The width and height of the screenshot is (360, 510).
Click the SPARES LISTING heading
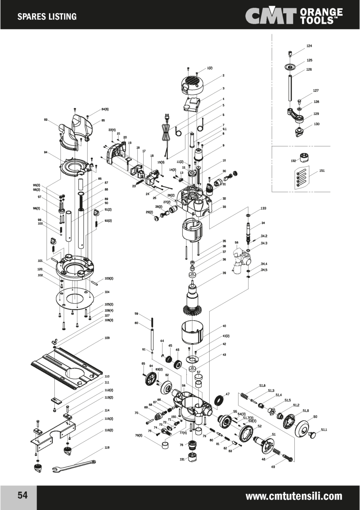[x=47, y=16]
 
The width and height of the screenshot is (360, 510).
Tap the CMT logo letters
[x=270, y=16]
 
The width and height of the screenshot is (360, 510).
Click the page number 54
[x=22, y=495]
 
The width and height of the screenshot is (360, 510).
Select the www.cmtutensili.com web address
[x=294, y=496]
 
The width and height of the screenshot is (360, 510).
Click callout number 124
[x=309, y=46]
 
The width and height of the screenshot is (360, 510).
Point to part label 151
[x=322, y=171]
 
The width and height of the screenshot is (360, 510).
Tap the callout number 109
[x=107, y=338]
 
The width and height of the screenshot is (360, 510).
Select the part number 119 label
[x=107, y=447]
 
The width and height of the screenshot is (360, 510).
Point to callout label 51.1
[x=324, y=430]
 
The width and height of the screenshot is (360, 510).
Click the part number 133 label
[x=263, y=209]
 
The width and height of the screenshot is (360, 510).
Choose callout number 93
[x=46, y=120]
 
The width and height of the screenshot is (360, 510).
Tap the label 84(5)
[x=105, y=109]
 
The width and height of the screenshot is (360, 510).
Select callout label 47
[x=228, y=394]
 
